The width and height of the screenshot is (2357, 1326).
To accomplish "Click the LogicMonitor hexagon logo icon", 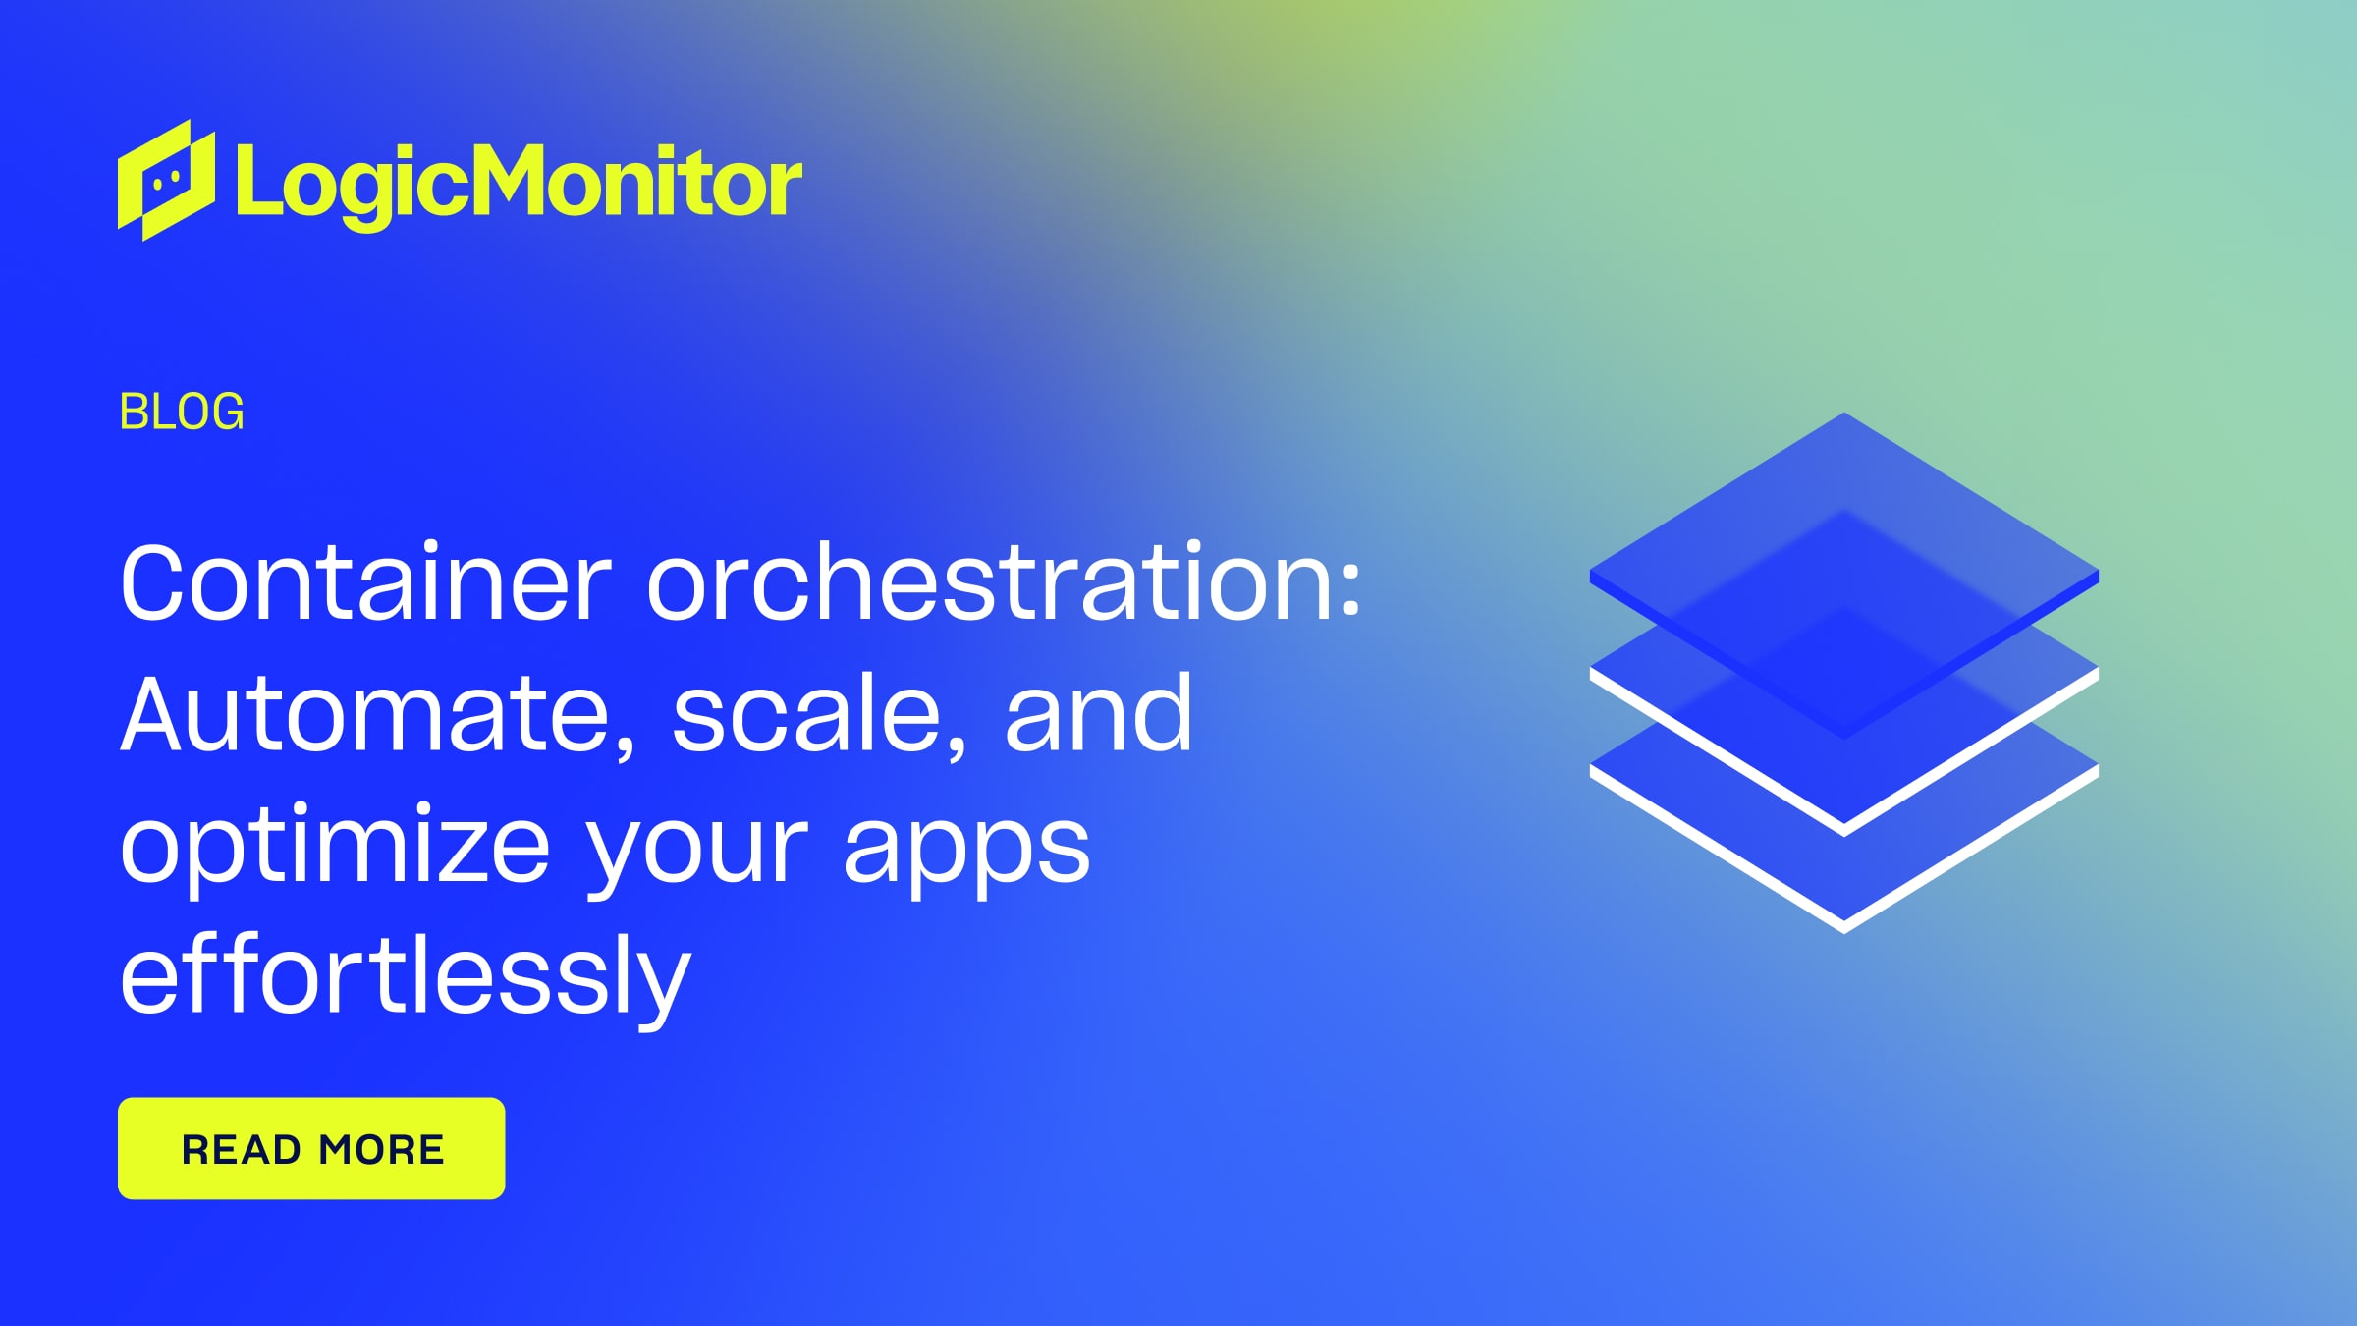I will click(166, 181).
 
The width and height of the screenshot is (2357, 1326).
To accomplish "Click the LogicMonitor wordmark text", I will click(519, 183).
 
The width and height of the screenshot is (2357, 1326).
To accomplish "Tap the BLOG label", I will click(182, 412).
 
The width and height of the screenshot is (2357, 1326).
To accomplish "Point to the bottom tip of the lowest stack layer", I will click(1844, 927).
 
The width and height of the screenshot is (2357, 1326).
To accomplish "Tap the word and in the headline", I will click(1098, 714).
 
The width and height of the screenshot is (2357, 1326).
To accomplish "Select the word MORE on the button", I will click(381, 1149).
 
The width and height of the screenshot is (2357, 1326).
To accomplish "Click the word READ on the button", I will click(242, 1149).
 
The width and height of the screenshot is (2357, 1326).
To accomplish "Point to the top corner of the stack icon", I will click(1844, 415).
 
